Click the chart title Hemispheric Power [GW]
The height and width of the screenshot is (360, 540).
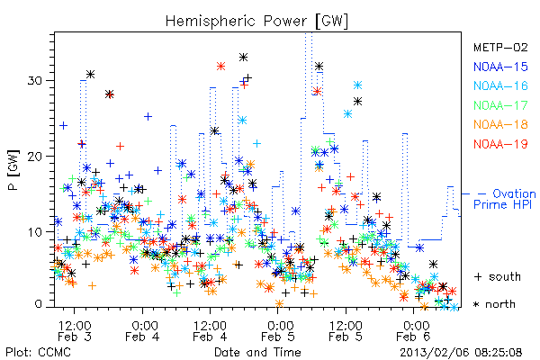(x=256, y=22)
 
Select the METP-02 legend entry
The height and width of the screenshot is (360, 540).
(x=500, y=47)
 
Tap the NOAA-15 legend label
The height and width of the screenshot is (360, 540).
(x=500, y=67)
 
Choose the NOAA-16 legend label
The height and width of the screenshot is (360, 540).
(x=500, y=85)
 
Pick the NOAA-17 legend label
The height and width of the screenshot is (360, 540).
(x=500, y=105)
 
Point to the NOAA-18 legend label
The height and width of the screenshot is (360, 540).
(x=500, y=124)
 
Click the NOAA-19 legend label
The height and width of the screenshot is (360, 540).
(x=500, y=144)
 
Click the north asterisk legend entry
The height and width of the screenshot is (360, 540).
(x=494, y=304)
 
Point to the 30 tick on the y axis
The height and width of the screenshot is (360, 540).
(x=34, y=81)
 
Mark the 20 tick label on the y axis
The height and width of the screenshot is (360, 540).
(x=34, y=156)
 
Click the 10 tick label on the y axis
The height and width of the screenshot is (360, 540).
(x=34, y=231)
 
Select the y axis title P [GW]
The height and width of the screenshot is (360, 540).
(x=13, y=170)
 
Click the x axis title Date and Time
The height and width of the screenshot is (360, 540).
(x=257, y=352)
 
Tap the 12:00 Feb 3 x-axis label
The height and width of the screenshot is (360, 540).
(x=75, y=330)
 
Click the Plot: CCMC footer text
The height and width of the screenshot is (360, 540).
(x=38, y=352)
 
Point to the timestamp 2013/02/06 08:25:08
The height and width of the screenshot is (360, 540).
(x=461, y=353)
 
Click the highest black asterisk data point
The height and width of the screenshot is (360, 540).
(x=244, y=58)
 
